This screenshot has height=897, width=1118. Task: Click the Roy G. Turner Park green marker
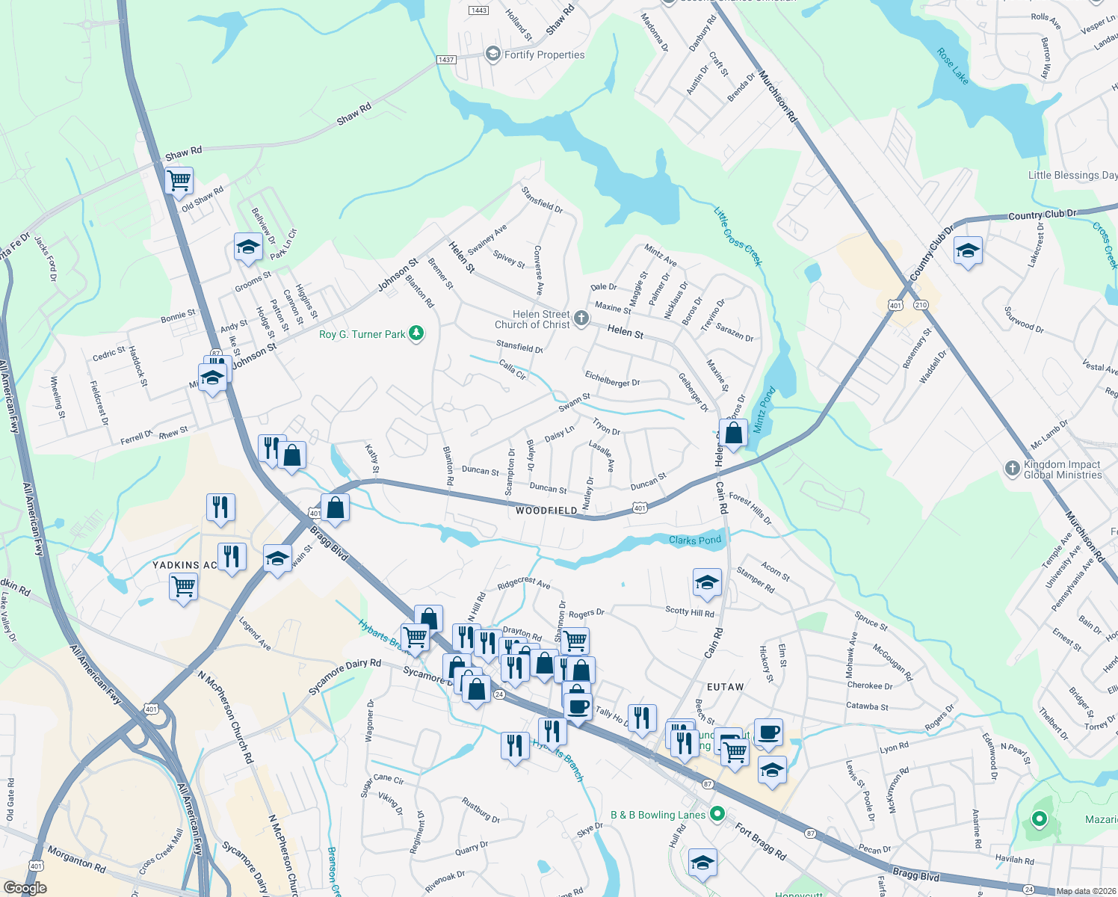416,333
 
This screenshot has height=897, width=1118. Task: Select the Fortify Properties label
544,55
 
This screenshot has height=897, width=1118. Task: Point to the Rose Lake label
953,67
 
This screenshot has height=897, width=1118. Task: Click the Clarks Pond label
695,540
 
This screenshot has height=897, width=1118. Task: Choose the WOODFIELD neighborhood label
546,511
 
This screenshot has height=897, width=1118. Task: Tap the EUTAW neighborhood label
725,686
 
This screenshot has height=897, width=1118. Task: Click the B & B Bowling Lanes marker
717,813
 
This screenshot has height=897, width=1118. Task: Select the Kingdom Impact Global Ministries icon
1012,469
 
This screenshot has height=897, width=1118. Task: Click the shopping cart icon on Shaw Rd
179,180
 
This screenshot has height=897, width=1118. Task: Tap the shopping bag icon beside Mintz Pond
734,433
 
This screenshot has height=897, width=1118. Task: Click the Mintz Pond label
763,409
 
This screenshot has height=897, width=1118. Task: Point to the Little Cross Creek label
738,236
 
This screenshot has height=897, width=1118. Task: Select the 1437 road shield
446,60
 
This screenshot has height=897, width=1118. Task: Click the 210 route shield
920,305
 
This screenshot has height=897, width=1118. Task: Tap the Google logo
25,888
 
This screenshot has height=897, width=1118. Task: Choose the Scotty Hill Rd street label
689,611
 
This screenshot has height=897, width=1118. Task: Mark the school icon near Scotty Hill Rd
706,582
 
